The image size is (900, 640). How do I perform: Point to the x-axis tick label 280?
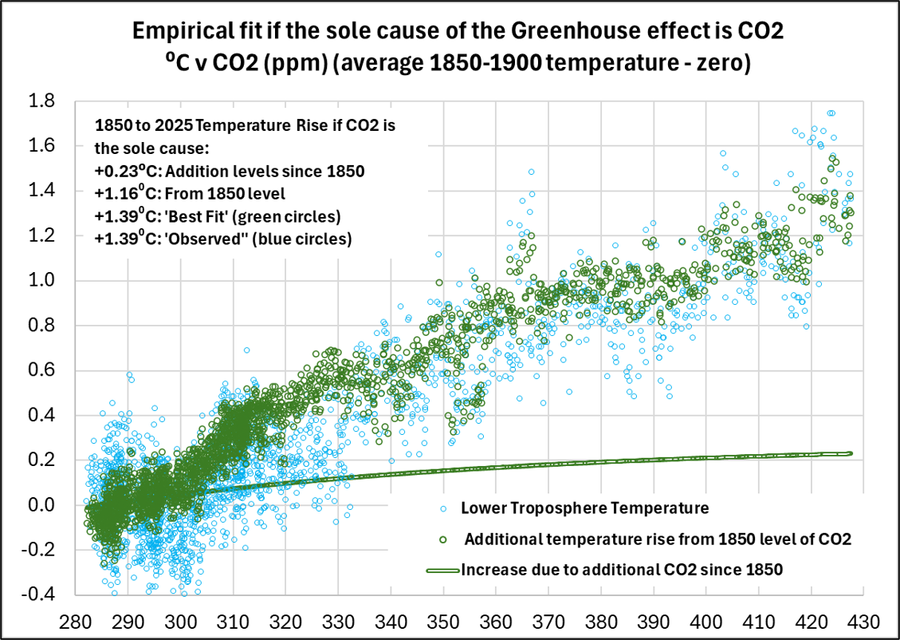(76, 621)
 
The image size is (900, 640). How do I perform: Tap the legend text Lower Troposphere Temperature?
(584, 508)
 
